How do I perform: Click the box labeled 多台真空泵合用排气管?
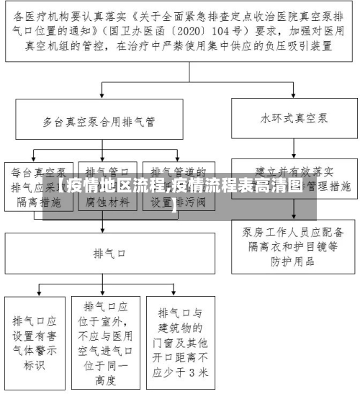[x=104, y=121]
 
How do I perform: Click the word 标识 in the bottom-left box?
[x=34, y=364]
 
